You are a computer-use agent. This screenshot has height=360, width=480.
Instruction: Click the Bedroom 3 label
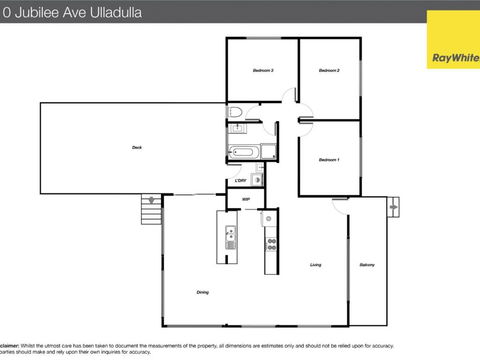pyautogui.click(x=263, y=70)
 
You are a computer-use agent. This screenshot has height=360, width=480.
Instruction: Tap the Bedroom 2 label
pyautogui.click(x=330, y=70)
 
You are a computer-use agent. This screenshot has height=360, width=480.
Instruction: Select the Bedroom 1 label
pyautogui.click(x=329, y=160)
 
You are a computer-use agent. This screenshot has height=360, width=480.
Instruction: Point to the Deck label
pyautogui.click(x=136, y=148)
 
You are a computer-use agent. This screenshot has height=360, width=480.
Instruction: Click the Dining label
pyautogui.click(x=203, y=292)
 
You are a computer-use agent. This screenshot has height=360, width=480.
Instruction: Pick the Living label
pyautogui.click(x=315, y=265)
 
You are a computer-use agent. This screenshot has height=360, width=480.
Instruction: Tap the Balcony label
pyautogui.click(x=366, y=265)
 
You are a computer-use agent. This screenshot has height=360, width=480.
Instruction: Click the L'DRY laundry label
pyautogui.click(x=241, y=180)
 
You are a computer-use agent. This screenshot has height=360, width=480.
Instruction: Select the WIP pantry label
pyautogui.click(x=246, y=200)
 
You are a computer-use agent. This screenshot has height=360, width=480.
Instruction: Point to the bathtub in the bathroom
pyautogui.click(x=243, y=153)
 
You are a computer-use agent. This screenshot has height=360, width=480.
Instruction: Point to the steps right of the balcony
pyautogui.click(x=392, y=208)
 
